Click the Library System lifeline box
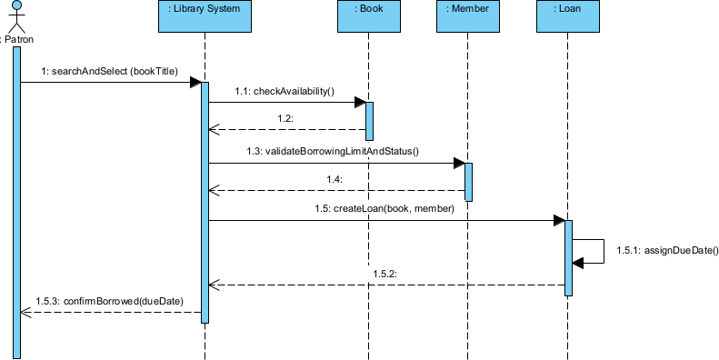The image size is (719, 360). pos(205,16)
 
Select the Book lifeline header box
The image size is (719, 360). pos(368,16)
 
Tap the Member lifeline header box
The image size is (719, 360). pos(468,16)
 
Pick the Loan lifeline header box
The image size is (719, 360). pos(568,16)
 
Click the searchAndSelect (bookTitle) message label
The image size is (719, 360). pos(109,71)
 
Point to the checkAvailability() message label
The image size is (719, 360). pos(285,91)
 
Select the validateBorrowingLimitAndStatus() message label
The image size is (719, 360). pos(331,151)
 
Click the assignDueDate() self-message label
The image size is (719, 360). pos(667,250)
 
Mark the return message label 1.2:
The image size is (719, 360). pos(285,119)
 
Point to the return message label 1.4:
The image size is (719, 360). pos(335,179)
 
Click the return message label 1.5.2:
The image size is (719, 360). pos(384,273)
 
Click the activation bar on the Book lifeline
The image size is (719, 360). pos(369,116)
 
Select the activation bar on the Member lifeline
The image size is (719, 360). pos(468,181)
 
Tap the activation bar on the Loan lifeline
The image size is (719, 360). pos(568,257)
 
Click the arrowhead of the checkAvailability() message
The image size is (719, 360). pos(359,102)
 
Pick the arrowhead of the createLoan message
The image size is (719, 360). pos(558,220)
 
